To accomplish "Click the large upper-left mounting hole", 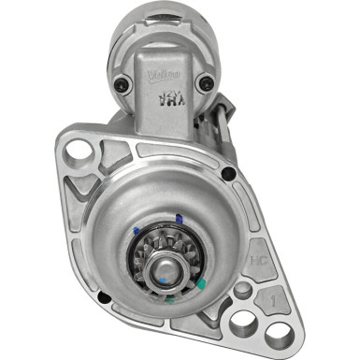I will coord(76,148).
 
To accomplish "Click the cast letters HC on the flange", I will coord(258,254).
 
